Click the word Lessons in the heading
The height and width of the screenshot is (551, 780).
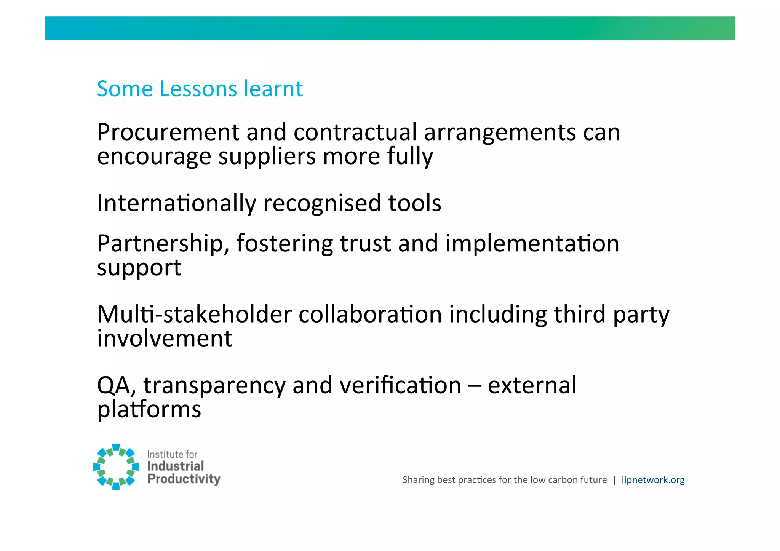click(x=198, y=89)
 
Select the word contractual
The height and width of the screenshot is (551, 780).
click(x=355, y=133)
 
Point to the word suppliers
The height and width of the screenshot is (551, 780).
click(x=267, y=157)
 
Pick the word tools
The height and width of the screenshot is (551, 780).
click(x=415, y=203)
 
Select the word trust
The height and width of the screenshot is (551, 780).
click(x=365, y=243)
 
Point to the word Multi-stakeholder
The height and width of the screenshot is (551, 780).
click(x=194, y=315)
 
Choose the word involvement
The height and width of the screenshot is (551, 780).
click(x=165, y=338)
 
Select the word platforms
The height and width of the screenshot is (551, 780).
click(x=149, y=410)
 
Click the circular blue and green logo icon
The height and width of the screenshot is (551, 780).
click(x=116, y=466)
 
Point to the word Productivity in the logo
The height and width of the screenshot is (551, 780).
click(x=184, y=479)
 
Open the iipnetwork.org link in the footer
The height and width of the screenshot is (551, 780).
click(x=653, y=480)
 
